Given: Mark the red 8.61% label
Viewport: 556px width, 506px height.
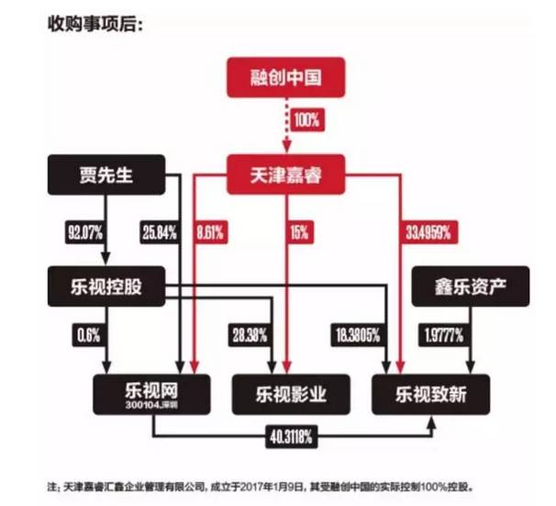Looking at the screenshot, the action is (214, 231).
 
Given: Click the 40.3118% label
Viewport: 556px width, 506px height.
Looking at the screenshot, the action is (290, 435).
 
